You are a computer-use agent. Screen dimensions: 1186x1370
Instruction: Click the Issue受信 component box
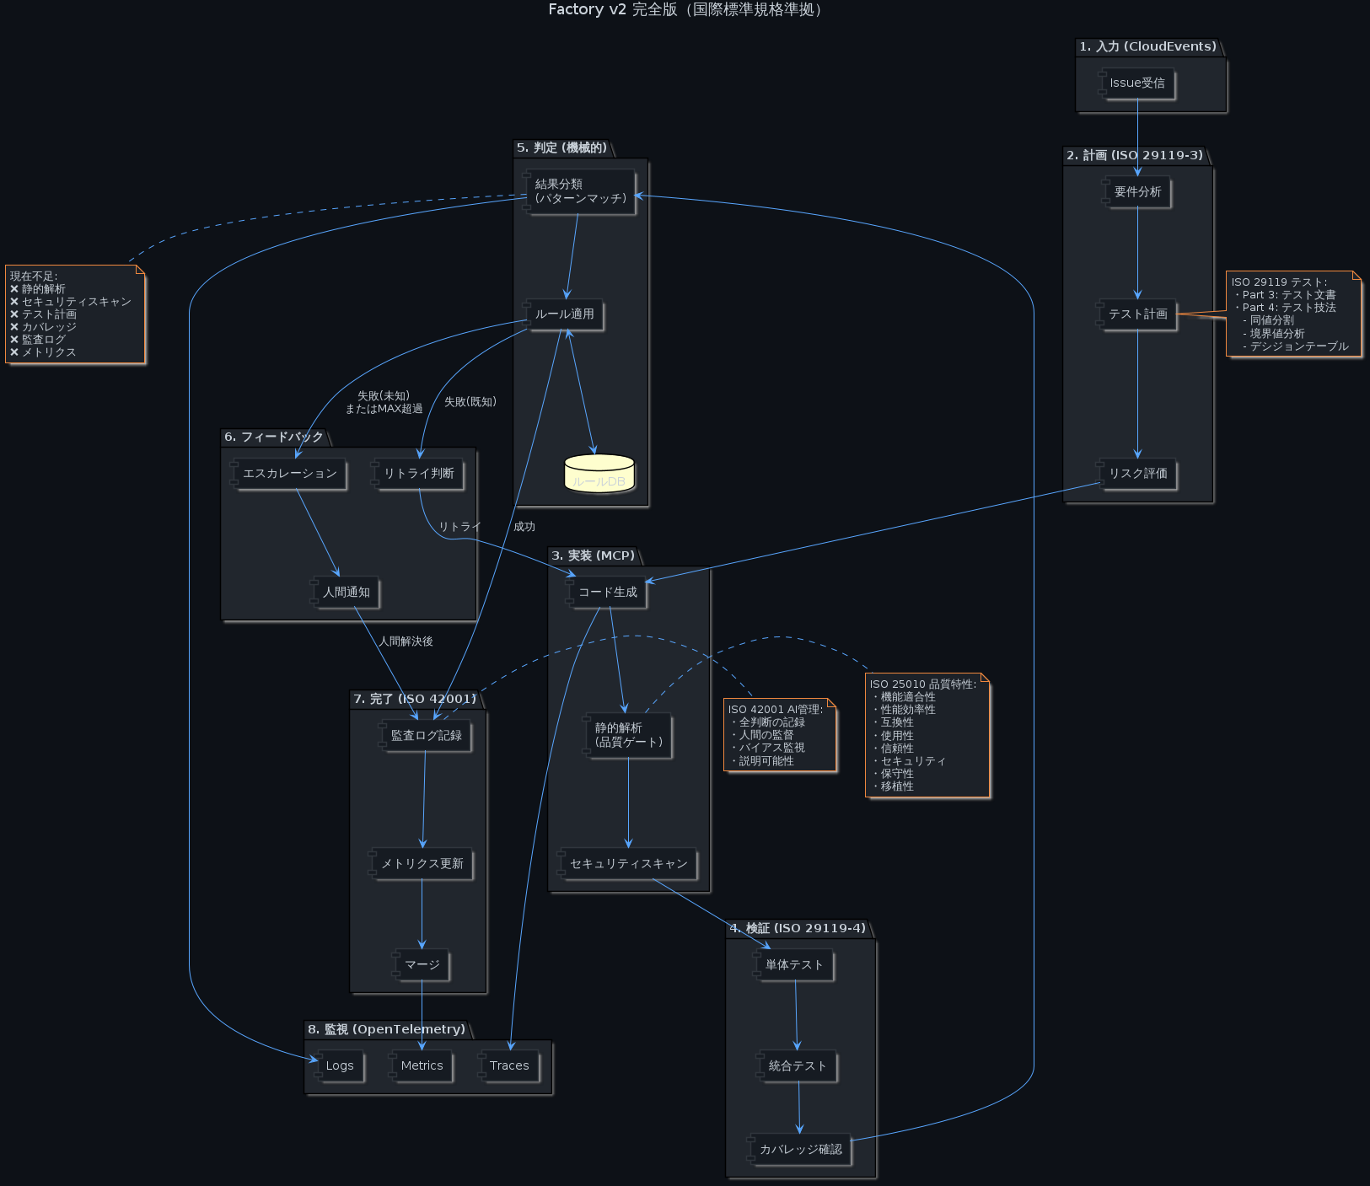pos(1136,83)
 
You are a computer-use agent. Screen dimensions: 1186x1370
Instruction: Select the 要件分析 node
pos(1137,192)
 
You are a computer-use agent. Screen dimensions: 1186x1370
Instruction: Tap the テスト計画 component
pos(1137,314)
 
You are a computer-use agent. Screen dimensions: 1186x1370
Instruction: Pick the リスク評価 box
pos(1137,474)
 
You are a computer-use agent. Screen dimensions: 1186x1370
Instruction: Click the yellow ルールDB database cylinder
pos(599,474)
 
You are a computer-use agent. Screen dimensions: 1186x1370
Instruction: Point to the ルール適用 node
pos(564,314)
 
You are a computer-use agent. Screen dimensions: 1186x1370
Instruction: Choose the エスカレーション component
pos(289,474)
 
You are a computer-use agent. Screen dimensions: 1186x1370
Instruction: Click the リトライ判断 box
pos(418,474)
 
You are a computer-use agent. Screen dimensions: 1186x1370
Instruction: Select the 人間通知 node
pos(346,593)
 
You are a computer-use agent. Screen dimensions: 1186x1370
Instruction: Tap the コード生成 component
pos(607,593)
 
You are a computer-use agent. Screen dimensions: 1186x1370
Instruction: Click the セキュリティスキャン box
pos(628,864)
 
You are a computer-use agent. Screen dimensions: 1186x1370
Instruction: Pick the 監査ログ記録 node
pos(426,736)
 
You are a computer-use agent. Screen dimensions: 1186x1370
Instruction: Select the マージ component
pos(422,965)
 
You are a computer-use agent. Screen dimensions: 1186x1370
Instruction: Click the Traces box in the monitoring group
pos(509,1066)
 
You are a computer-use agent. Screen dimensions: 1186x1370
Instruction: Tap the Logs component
pos(339,1066)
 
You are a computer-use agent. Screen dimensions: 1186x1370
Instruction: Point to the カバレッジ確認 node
pos(800,1150)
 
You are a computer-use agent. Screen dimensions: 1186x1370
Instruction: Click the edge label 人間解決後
pos(406,641)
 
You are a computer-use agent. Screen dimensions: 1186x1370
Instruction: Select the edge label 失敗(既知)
pos(470,402)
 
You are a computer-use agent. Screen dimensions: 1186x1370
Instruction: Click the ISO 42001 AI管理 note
pos(780,735)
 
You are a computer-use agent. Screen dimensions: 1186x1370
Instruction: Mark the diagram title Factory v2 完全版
pos(685,10)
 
